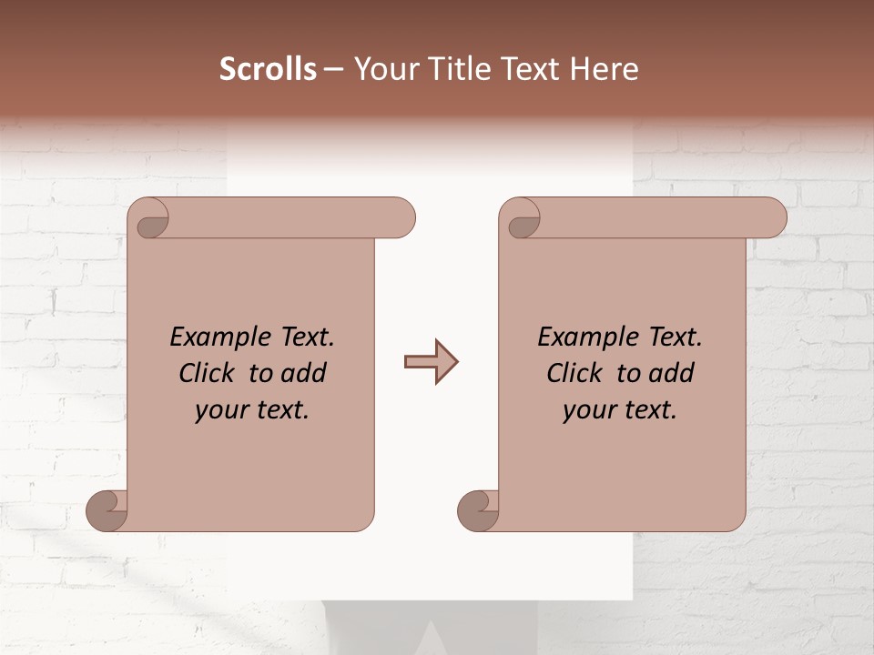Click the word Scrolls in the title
click(268, 69)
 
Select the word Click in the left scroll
click(208, 373)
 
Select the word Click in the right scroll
click(576, 373)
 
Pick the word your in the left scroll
click(221, 410)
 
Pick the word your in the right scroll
click(589, 410)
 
